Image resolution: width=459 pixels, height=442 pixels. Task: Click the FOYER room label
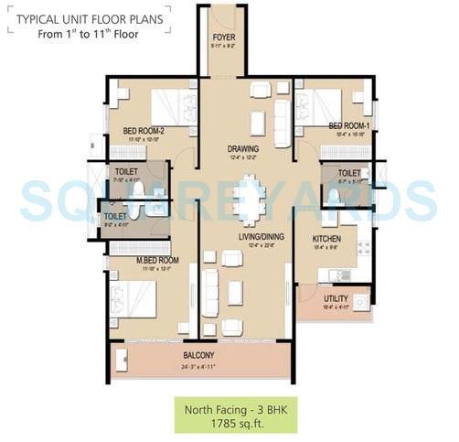223,38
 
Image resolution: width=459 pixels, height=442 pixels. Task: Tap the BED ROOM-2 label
143,131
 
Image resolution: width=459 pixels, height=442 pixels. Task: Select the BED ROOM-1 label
348,125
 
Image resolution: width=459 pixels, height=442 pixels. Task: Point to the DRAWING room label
243,148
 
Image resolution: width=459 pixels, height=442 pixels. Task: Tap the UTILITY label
336,298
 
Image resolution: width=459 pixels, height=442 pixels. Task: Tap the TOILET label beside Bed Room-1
348,173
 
